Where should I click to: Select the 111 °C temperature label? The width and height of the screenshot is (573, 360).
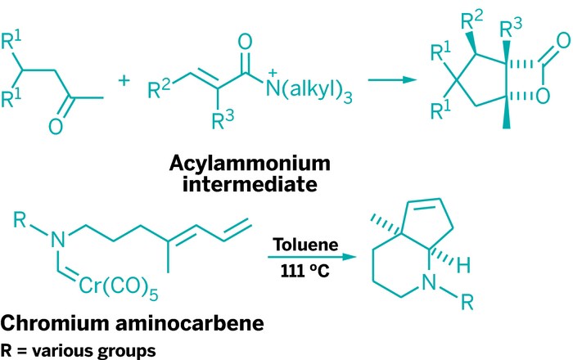[307, 269]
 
